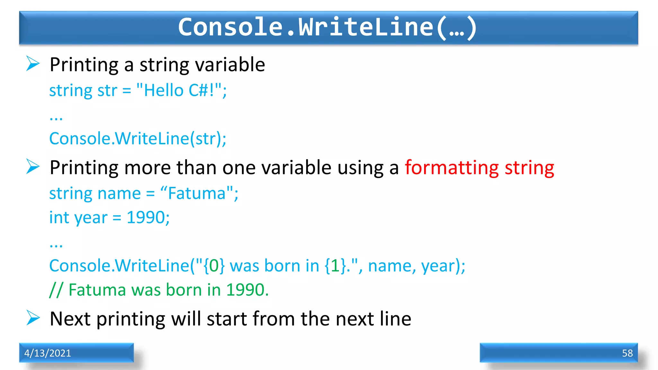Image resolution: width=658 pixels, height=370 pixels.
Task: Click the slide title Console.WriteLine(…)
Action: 328,27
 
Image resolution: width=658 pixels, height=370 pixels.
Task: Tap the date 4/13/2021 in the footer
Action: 48,353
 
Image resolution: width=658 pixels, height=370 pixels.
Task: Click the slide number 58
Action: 627,353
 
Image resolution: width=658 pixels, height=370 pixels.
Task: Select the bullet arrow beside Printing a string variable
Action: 33,64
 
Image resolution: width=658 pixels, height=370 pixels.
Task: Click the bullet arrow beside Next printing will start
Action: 33,318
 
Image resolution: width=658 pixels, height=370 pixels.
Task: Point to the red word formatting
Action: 452,168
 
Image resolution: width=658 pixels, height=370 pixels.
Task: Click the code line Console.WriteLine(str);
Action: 138,138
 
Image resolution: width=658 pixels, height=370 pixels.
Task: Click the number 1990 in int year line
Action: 146,217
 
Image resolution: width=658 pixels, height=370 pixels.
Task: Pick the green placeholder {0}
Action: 214,266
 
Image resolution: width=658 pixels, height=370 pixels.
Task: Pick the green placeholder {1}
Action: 335,266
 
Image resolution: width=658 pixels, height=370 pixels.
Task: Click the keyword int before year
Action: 59,217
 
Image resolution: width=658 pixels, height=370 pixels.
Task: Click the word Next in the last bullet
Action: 70,319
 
